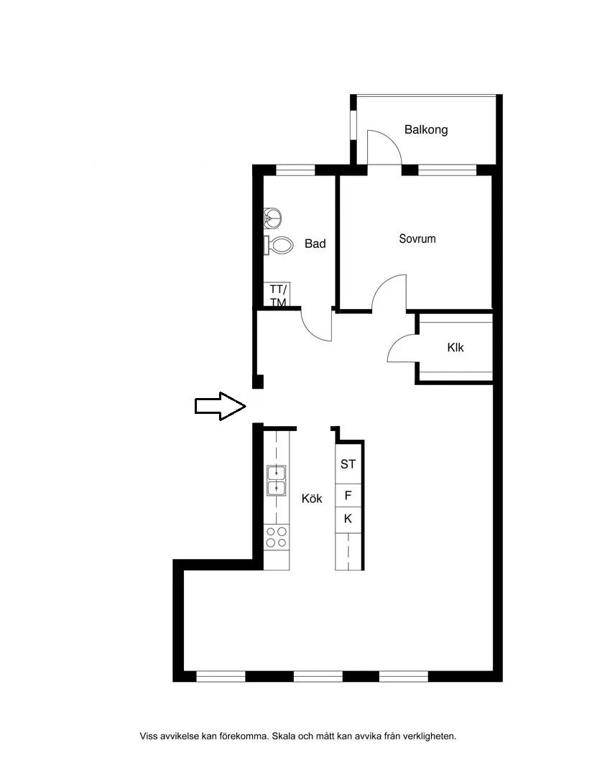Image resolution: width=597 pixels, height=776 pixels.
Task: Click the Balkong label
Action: [x=426, y=129]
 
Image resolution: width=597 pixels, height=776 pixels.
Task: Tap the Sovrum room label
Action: [x=417, y=239]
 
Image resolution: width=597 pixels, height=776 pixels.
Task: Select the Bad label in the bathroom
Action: [x=315, y=244]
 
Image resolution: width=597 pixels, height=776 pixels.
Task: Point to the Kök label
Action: [x=311, y=499]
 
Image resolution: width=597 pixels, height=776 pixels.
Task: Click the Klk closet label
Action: [x=455, y=348]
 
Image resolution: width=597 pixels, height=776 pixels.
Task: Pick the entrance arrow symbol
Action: [x=221, y=406]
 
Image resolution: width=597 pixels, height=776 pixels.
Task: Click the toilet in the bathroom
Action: [x=278, y=245]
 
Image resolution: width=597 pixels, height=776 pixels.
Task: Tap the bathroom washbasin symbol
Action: [x=273, y=218]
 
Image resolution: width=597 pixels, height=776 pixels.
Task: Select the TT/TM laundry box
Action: [x=277, y=295]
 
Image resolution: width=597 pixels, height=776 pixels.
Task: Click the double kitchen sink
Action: [x=276, y=480]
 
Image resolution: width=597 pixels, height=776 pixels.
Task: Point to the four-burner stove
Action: [x=276, y=537]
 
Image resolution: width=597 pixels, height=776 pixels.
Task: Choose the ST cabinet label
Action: [x=348, y=464]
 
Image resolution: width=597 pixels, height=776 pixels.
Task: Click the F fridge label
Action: [x=348, y=495]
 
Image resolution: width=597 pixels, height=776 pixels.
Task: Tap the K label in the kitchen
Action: [x=348, y=519]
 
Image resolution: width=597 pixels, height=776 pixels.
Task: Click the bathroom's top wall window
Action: [x=295, y=171]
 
